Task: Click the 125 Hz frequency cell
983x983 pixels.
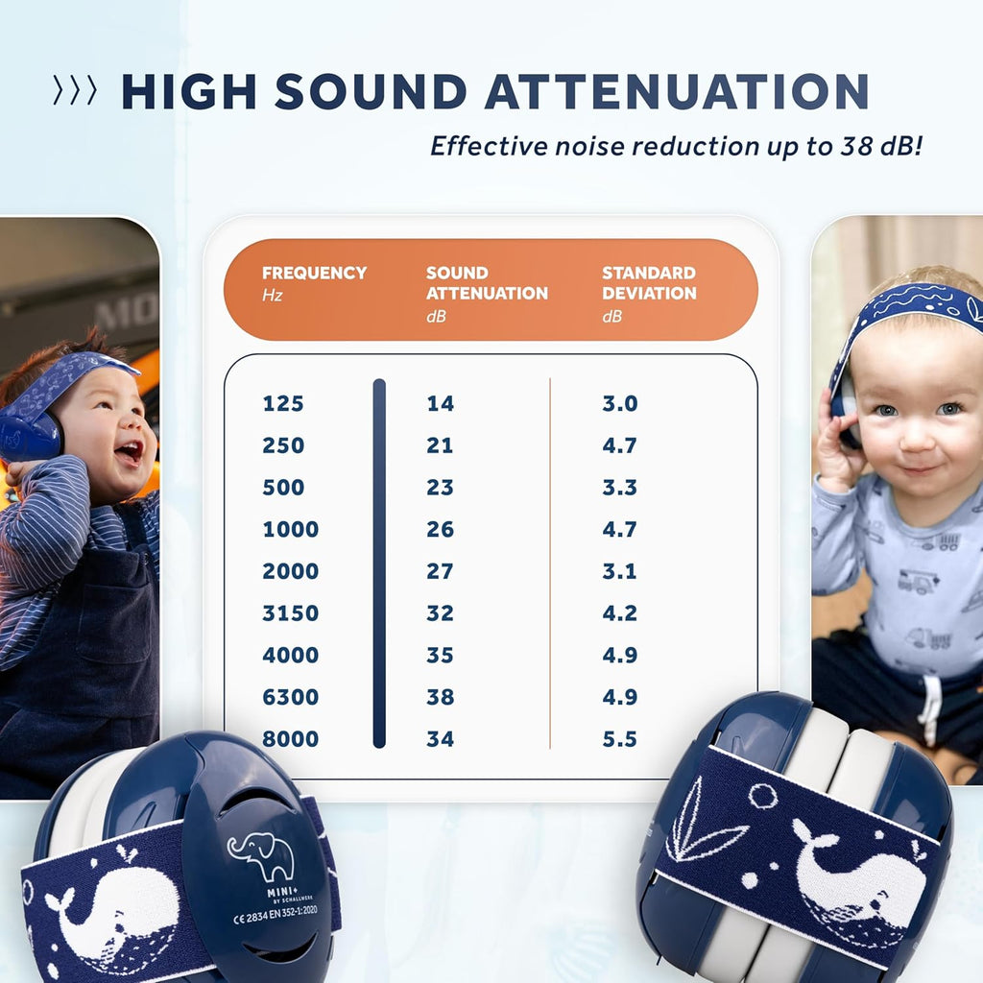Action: click(x=283, y=404)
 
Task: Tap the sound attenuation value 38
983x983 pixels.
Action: click(x=440, y=697)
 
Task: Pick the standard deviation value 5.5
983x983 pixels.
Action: click(x=620, y=739)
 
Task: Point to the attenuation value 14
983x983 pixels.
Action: click(x=440, y=404)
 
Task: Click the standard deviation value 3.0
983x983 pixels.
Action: click(x=620, y=404)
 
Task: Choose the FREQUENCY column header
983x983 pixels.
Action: click(x=314, y=274)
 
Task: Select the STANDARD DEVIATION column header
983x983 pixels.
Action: click(x=649, y=283)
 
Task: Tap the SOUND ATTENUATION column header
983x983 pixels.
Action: click(x=487, y=283)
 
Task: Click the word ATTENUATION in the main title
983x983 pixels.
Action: click(x=676, y=92)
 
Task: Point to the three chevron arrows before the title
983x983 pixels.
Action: click(x=75, y=92)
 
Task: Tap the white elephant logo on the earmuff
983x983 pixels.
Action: click(x=261, y=854)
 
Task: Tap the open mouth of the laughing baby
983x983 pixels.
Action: click(x=128, y=452)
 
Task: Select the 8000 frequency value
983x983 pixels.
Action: click(x=290, y=739)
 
